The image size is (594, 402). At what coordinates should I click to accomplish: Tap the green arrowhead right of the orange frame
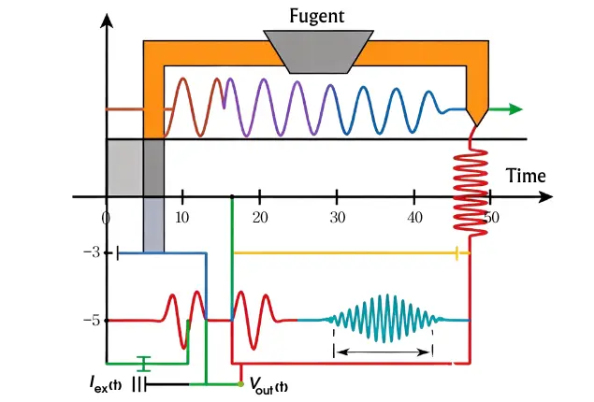[x=514, y=109]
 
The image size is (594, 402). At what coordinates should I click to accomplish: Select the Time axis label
[x=525, y=176]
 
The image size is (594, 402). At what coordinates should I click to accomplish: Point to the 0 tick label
[x=106, y=217]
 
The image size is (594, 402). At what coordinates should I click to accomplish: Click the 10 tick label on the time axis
[x=182, y=217]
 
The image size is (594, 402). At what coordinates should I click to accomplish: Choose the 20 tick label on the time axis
[x=259, y=217]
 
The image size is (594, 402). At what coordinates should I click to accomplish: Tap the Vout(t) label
[x=268, y=386]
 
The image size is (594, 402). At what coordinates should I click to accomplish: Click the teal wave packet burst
[x=384, y=320]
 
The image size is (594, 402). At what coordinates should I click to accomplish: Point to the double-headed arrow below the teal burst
[x=384, y=352]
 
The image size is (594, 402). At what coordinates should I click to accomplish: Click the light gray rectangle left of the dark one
[x=123, y=167]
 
